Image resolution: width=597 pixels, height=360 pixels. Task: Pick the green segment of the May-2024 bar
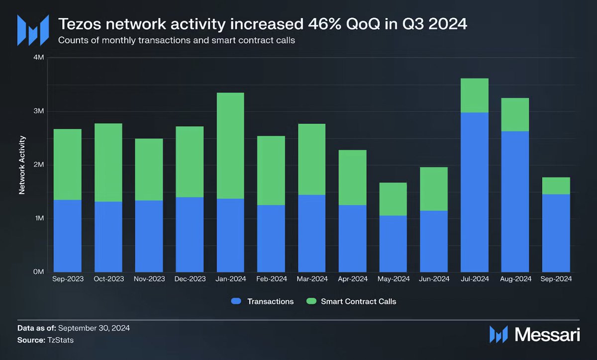point(393,199)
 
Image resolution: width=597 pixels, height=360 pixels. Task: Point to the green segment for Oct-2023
point(108,163)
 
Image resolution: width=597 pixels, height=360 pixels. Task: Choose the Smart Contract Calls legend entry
point(351,301)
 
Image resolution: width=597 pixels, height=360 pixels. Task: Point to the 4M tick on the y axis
point(38,58)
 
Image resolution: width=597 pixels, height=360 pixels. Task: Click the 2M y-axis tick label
point(38,165)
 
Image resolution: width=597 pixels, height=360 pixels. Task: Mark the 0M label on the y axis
point(38,272)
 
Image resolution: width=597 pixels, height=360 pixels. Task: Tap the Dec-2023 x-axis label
point(190,279)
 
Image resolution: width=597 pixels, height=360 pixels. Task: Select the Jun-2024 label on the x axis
point(434,279)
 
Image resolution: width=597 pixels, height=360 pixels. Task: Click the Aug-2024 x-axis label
point(515,279)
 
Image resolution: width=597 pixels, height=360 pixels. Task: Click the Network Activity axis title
point(22,165)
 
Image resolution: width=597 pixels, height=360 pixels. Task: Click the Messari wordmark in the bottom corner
point(547,334)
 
